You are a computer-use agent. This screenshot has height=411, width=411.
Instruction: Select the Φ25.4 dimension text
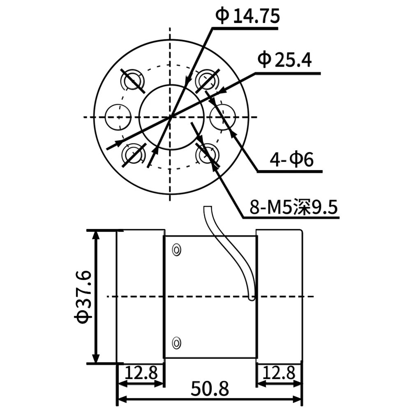click(284, 61)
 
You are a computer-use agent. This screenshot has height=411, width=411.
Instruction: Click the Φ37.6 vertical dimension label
click(82, 297)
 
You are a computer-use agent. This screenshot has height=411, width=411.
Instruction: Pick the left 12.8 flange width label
click(141, 374)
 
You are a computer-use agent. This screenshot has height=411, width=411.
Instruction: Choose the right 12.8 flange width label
click(279, 374)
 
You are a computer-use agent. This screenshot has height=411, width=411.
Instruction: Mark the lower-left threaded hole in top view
click(133, 155)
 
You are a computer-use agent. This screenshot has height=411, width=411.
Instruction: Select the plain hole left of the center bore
click(118, 117)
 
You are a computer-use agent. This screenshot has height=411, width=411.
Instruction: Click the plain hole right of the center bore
click(222, 117)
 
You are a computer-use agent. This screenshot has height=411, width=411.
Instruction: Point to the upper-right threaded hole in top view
click(207, 80)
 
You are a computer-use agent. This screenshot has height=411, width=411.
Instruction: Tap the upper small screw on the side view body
click(177, 249)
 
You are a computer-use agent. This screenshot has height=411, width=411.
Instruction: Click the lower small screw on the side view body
click(177, 342)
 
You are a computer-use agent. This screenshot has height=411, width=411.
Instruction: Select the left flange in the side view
click(141, 296)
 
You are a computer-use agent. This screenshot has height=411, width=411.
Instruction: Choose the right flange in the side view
click(279, 296)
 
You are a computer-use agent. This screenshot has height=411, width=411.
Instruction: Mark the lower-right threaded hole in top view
click(206, 155)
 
